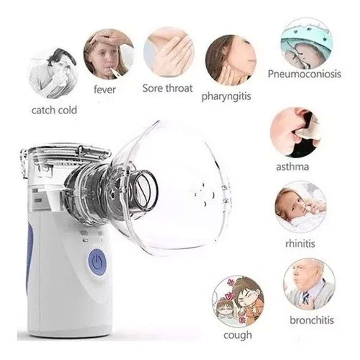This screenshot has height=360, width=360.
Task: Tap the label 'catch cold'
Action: click(54, 110)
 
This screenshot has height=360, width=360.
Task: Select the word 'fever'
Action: click(105, 89)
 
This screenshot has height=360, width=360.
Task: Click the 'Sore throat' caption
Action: click(167, 88)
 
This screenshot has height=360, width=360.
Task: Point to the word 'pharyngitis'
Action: click(226, 96)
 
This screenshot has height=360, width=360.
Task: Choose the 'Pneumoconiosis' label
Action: click(304, 74)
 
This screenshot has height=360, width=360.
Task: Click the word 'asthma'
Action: click(292, 166)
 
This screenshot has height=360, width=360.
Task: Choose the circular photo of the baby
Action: click(300, 207)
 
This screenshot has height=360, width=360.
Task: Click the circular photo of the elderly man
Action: click(309, 283)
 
